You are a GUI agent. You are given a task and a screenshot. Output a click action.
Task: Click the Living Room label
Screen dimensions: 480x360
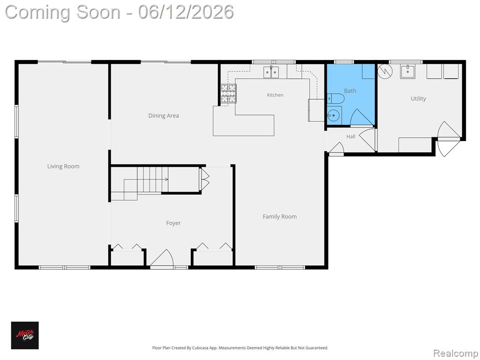tap(63, 166)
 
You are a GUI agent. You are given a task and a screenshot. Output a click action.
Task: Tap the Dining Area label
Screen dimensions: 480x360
tap(164, 116)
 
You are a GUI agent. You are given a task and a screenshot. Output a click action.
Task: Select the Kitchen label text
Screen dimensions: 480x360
tap(275, 95)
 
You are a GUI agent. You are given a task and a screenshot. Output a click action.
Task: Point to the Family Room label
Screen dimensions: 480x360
tap(279, 217)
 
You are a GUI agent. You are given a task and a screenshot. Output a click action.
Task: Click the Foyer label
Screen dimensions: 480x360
tap(173, 223)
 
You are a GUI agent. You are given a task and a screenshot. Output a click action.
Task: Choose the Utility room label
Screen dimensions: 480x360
tap(418, 98)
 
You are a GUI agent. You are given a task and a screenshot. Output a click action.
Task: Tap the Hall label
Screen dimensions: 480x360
tap(351, 136)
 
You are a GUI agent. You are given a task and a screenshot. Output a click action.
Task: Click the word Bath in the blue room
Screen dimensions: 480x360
tap(350, 91)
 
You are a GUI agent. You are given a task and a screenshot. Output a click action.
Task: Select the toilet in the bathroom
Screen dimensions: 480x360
tap(336, 98)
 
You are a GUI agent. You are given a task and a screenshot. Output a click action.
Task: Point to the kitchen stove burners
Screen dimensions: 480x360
tap(229, 93)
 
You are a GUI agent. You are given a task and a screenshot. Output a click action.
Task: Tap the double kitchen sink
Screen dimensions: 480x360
tap(271, 72)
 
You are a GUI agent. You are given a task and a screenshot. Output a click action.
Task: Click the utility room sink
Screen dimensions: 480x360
tap(407, 72)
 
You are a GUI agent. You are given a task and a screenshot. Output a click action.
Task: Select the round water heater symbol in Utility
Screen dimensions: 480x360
tap(385, 72)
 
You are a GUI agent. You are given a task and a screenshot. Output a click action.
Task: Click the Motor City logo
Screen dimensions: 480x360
tap(25, 335)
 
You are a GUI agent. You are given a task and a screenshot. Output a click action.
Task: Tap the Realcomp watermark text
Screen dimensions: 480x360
tap(455, 353)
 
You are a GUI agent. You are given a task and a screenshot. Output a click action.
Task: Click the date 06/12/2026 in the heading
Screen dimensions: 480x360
tap(186, 12)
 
